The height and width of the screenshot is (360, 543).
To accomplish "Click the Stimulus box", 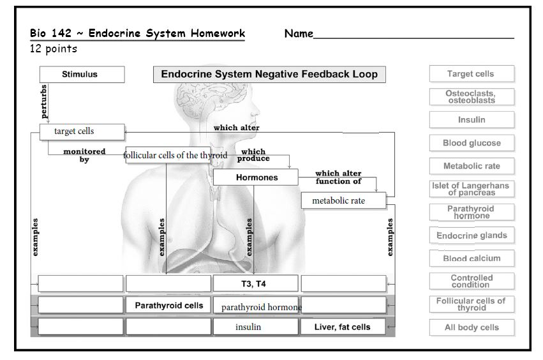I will click(x=80, y=74).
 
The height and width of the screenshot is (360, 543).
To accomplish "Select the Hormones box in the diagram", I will click(x=255, y=177).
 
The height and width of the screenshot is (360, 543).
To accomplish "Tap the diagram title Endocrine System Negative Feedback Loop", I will click(x=269, y=74).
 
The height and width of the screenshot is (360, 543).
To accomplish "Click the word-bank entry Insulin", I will click(x=471, y=120).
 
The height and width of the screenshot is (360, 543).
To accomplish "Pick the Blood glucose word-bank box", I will click(x=471, y=143).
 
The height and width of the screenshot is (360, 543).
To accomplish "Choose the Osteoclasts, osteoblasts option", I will click(x=471, y=96).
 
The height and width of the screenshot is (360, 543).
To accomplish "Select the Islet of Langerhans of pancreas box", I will click(x=471, y=189).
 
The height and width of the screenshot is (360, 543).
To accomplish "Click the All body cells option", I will click(x=471, y=327).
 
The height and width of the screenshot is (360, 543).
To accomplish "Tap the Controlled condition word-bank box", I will click(x=471, y=281).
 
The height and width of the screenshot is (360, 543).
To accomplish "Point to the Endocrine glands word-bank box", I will click(x=471, y=236).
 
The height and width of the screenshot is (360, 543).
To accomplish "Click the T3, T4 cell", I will click(x=255, y=283).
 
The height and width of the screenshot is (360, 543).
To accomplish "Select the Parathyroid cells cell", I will click(x=168, y=305).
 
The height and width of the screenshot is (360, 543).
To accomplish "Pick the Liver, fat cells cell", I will click(x=343, y=327).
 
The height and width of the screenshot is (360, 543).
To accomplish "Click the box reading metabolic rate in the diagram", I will click(x=343, y=201).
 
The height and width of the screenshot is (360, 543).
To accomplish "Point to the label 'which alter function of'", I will click(x=338, y=177).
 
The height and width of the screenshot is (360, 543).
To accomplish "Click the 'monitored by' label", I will click(x=84, y=156).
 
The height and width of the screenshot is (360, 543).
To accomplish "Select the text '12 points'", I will click(x=54, y=49).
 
